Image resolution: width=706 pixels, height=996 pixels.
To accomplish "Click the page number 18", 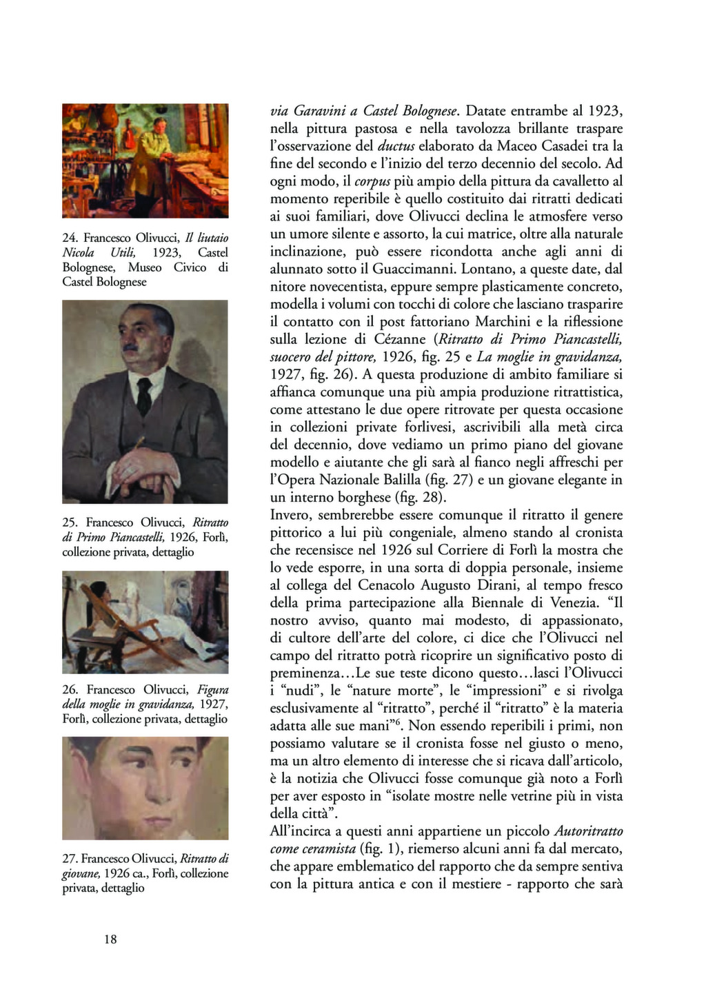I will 110,939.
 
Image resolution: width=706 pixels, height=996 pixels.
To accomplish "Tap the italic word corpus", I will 372,181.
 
